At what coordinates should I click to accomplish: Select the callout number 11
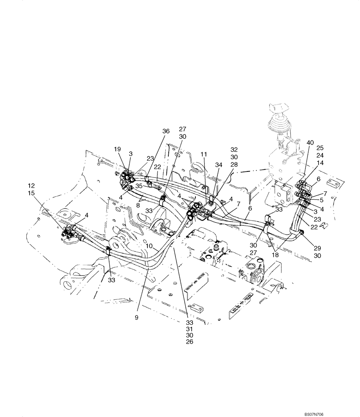coord(204,154)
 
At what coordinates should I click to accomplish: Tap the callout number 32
coord(234,149)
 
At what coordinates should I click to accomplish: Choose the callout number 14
coord(320,163)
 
